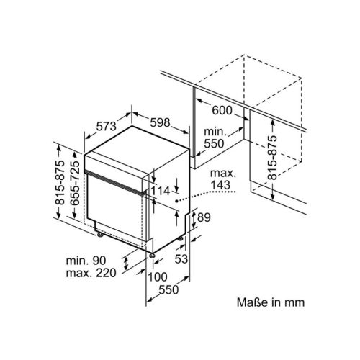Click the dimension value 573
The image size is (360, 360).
click(x=105, y=127)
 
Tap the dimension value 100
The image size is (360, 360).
click(x=156, y=277)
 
